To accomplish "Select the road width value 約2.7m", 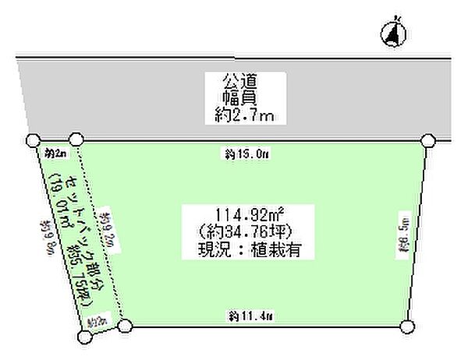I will click(x=246, y=116).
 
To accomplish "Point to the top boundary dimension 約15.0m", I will click(x=247, y=154).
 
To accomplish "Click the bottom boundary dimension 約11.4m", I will click(x=250, y=316).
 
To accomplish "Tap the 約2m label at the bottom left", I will click(x=97, y=320).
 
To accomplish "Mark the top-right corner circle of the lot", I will click(x=427, y=140).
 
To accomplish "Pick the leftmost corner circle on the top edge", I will click(x=33, y=140).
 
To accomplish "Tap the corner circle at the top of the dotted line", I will click(x=76, y=140).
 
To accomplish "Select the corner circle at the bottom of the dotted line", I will click(x=125, y=326).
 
